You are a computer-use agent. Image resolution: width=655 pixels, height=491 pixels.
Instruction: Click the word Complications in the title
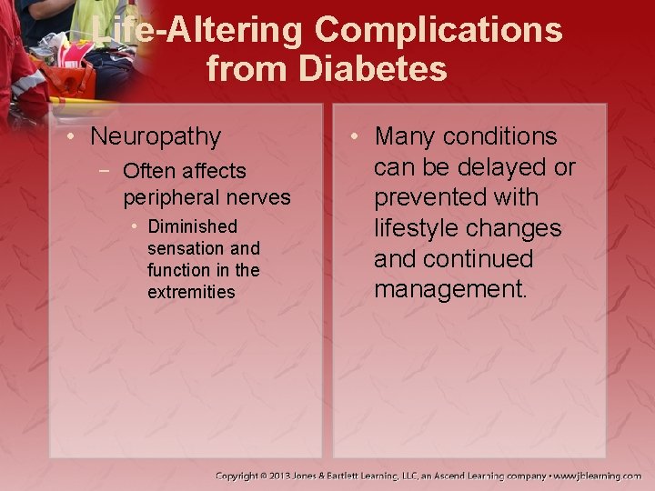[438, 30]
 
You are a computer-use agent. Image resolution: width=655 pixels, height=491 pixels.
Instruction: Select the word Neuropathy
[156, 137]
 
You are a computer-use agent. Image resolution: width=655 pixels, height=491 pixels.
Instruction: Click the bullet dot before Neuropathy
[71, 137]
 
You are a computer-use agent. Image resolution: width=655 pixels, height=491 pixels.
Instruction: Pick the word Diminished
[192, 226]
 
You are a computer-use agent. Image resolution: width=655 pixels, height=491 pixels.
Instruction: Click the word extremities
[191, 292]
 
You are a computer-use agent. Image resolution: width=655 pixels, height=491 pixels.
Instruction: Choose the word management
[449, 289]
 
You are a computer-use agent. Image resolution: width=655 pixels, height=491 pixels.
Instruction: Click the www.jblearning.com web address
[599, 476]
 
